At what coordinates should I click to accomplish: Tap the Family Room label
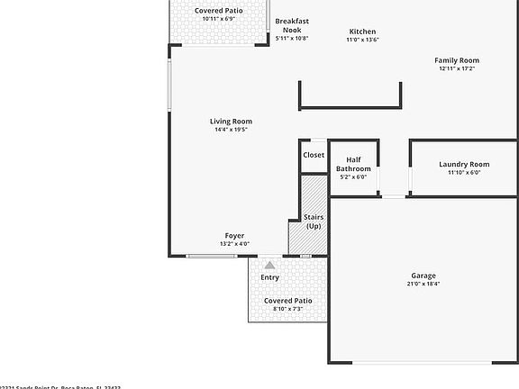456,60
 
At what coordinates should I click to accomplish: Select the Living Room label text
231,122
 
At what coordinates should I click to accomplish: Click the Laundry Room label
464,164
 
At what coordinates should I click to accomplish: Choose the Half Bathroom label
353,164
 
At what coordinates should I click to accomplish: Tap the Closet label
314,155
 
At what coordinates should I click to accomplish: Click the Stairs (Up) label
314,222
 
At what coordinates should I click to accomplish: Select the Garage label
423,276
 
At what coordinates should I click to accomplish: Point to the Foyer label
234,236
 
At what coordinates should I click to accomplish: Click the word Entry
269,277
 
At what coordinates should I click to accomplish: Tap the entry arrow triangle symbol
269,265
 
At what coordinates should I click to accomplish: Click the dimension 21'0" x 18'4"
423,284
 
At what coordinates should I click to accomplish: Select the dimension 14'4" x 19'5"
231,130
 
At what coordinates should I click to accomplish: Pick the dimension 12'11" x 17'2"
456,68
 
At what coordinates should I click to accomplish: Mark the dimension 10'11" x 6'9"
218,18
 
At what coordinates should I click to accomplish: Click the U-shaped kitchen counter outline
350,106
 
